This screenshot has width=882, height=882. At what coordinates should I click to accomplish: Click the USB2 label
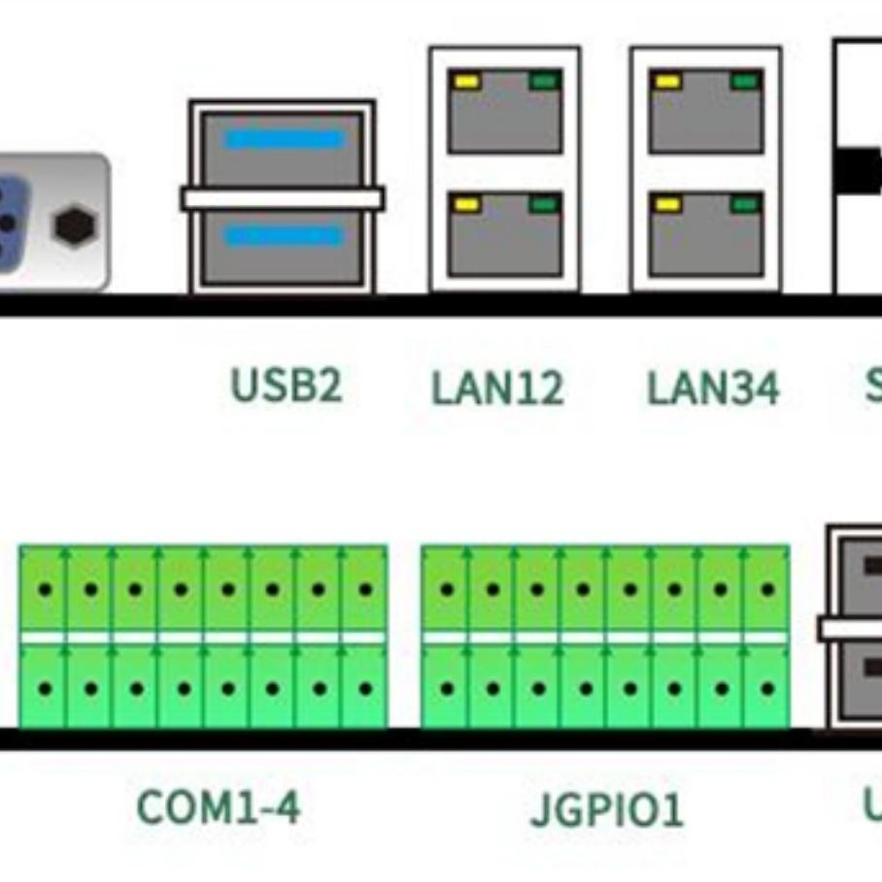coord(287,386)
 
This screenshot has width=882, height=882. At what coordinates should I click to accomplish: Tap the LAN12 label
coord(497,389)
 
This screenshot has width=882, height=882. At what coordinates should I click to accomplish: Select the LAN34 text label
coord(713,389)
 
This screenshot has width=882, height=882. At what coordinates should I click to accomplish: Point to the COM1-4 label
coord(219,807)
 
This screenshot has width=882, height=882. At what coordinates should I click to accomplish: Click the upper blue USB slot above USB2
coord(284,140)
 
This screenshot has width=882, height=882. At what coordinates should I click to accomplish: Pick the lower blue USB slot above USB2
coord(284,237)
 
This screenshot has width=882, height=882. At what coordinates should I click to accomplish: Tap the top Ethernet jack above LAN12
coord(504,112)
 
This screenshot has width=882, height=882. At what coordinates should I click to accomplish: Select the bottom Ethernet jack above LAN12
coord(504,234)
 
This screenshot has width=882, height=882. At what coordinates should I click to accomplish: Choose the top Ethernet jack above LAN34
coord(706,112)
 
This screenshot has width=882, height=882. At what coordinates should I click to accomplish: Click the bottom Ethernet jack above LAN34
coord(706,234)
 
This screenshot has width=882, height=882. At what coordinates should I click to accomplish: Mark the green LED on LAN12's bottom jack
coord(544,204)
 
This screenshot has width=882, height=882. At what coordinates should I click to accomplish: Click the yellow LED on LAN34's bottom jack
coord(667,204)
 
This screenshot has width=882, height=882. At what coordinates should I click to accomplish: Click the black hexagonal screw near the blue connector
coord(74,226)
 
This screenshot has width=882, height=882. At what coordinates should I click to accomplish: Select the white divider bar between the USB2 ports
coord(282,199)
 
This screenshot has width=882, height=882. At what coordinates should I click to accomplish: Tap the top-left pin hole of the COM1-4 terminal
coord(45,590)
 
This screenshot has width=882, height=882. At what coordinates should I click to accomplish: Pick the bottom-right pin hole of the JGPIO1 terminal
coord(767,689)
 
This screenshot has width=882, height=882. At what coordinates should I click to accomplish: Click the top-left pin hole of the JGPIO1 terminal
coord(447,590)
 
